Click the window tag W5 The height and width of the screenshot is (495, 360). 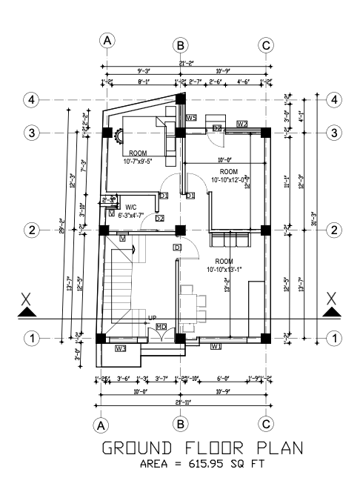(x=190, y=117)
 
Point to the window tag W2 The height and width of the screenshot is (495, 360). (x=242, y=123)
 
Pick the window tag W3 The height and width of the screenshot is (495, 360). (x=120, y=348)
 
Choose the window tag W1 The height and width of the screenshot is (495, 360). (x=216, y=346)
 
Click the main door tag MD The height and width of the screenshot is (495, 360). (x=161, y=327)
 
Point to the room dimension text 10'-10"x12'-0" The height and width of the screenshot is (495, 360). (x=230, y=179)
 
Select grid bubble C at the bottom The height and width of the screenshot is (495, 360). (x=266, y=425)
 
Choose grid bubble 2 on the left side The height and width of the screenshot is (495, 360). (x=31, y=230)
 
